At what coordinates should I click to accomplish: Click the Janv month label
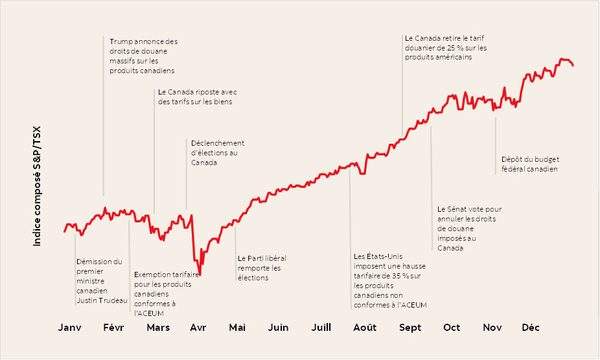[x=70, y=328]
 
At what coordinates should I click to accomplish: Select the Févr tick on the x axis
[x=114, y=328]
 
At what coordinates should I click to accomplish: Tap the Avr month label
[x=198, y=328]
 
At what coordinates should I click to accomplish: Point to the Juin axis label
[x=278, y=328]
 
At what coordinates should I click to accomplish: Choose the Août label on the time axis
[x=364, y=328]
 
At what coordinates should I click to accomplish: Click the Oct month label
[x=452, y=328]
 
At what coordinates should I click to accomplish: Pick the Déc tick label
[x=531, y=328]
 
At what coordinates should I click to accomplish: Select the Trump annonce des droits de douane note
[x=143, y=56]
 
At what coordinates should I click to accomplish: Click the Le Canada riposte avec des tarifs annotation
[x=197, y=96]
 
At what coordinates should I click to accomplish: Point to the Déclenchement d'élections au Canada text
[x=217, y=153]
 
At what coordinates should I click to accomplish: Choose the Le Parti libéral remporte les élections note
[x=261, y=267]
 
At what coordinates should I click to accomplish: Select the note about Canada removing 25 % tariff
[x=445, y=47]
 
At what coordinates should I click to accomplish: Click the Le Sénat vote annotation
[x=469, y=228]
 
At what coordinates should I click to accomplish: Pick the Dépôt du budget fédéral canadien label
[x=529, y=164]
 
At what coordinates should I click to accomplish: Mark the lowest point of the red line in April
[x=200, y=275]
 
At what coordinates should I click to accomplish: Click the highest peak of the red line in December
[x=561, y=59]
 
